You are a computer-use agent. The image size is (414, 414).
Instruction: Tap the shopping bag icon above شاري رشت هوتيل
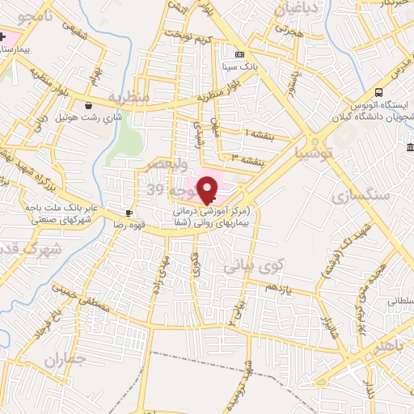[87, 104]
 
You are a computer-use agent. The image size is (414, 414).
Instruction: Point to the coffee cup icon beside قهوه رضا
[129, 213]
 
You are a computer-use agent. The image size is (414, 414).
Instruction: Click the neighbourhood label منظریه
[129, 97]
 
